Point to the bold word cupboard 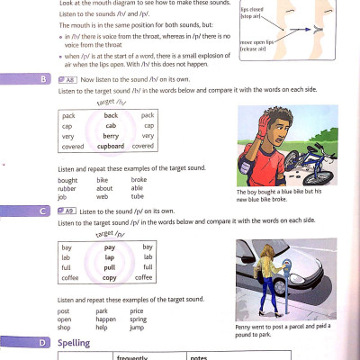[x=111, y=146]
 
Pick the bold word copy [x=110, y=277]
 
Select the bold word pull [x=110, y=267]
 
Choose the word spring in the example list [x=140, y=319]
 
